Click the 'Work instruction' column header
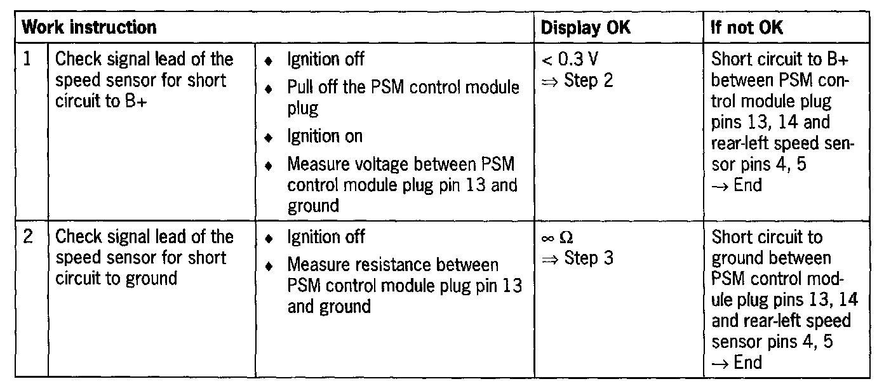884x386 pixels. click(89, 27)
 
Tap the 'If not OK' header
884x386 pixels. click(747, 27)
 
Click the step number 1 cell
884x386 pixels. click(27, 60)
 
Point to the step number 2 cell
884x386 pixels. click(27, 237)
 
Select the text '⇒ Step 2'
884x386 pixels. click(577, 81)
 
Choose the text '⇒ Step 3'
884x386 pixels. click(577, 258)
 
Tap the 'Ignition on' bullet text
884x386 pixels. click(325, 136)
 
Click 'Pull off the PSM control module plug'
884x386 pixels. click(403, 96)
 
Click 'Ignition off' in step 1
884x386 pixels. click(326, 60)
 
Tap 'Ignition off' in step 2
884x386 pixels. click(326, 237)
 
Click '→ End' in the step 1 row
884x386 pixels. click(736, 185)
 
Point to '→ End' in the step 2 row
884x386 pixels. click(736, 363)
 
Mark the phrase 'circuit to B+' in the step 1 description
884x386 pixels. click(102, 102)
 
